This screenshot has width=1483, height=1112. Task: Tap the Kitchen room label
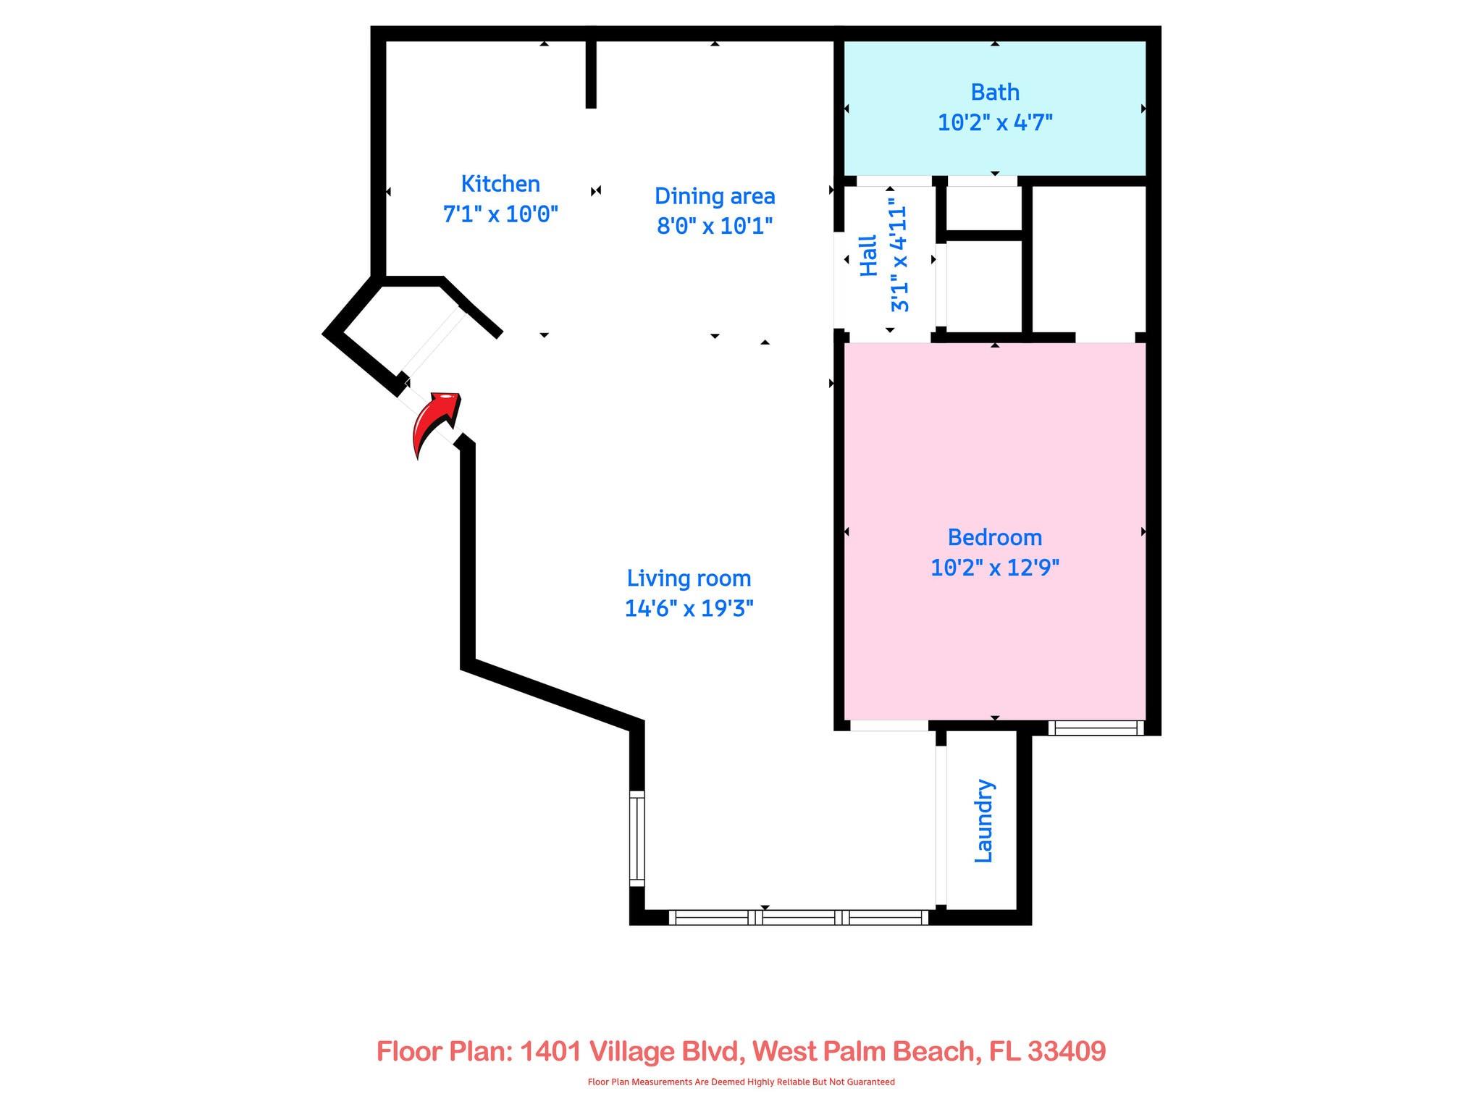[500, 184]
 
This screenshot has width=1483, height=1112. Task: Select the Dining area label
[715, 196]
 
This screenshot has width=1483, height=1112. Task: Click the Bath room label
[995, 93]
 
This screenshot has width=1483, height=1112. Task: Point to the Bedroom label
[995, 537]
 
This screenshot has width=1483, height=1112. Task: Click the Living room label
[689, 578]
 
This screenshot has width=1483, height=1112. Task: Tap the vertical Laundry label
[984, 821]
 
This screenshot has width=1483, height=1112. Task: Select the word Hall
[868, 256]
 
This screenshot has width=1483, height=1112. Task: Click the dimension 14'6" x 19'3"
[689, 609]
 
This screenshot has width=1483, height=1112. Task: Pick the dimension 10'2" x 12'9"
[995, 568]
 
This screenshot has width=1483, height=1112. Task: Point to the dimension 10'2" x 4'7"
[995, 123]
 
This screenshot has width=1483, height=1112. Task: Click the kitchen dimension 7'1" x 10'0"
[500, 214]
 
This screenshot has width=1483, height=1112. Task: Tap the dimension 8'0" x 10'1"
[715, 227]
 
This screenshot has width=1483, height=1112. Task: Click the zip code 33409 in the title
[1066, 1050]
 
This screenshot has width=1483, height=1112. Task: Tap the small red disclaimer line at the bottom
[741, 1082]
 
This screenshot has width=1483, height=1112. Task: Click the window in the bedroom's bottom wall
[1095, 728]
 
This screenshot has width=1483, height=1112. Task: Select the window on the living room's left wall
[637, 838]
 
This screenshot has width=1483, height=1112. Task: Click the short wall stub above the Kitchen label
[591, 72]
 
